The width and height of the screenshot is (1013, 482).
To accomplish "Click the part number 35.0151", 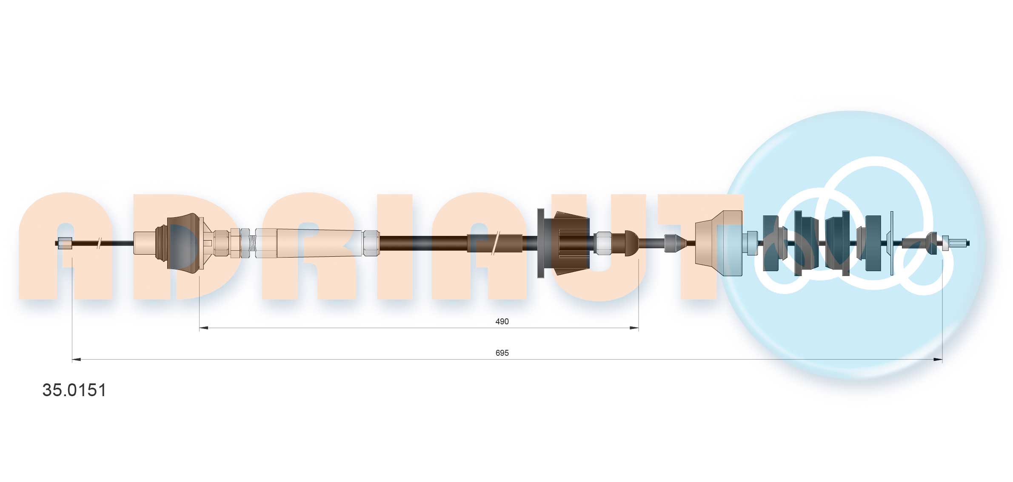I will pyautogui.click(x=74, y=390).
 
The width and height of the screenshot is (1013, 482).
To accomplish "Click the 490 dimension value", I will pyautogui.click(x=502, y=321).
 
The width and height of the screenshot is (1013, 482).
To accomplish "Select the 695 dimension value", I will pyautogui.click(x=502, y=353).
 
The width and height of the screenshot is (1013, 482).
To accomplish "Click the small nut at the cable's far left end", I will pyautogui.click(x=65, y=243).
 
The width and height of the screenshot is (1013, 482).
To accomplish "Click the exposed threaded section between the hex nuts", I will pyautogui.click(x=252, y=243).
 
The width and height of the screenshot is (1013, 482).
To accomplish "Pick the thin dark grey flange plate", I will pyautogui.click(x=540, y=243).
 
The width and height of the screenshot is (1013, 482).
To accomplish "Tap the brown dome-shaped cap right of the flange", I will pyautogui.click(x=631, y=243).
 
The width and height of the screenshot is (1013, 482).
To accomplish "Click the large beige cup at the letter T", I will pyautogui.click(x=719, y=243).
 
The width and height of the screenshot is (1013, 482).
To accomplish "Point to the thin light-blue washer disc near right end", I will pyautogui.click(x=891, y=243).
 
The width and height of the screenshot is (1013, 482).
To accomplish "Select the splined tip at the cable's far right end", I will pyautogui.click(x=957, y=244).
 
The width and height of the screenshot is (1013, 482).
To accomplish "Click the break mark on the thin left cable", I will pyautogui.click(x=99, y=243).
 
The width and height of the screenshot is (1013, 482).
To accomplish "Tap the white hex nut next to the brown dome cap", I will pyautogui.click(x=602, y=243).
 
